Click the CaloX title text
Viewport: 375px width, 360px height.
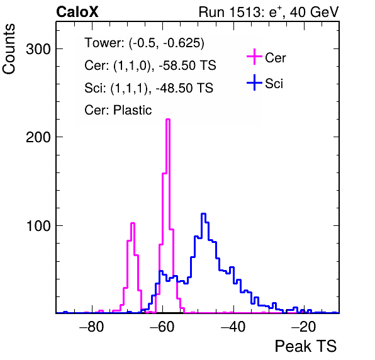77,12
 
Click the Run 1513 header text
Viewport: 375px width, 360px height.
269,12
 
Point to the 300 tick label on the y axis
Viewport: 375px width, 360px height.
38,49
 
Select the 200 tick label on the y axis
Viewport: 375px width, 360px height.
38,137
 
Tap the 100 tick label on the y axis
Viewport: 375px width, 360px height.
39,226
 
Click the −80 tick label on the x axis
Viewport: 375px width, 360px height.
92,327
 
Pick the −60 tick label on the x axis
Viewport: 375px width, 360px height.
162,327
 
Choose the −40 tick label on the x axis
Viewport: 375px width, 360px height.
233,327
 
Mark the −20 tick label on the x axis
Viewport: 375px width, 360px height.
304,327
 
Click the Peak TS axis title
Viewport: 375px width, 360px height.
306,346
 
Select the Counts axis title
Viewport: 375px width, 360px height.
9,49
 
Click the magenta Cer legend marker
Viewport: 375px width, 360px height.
254,57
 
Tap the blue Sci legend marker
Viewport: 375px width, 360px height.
254,83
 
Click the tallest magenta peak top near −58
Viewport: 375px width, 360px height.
168,119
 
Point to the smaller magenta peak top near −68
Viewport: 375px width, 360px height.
133,223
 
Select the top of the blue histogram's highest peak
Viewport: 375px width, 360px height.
203,213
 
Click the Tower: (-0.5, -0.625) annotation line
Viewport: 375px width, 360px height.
145,43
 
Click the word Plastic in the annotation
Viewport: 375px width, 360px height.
133,110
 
